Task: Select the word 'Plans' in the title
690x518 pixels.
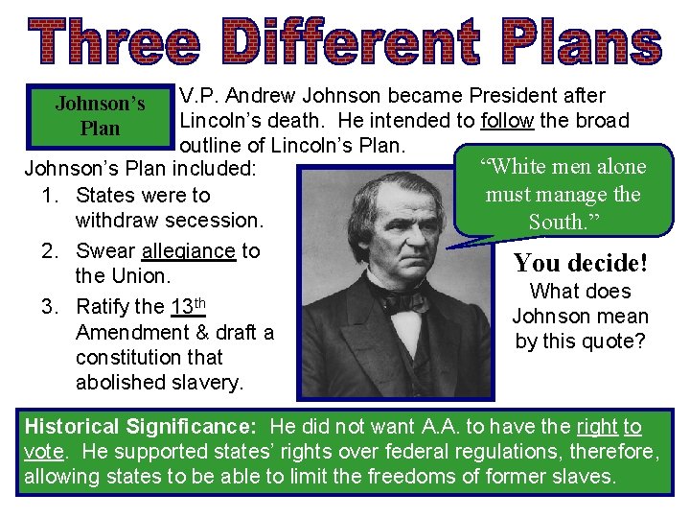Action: (582, 44)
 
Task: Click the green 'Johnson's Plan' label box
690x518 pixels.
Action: (101, 116)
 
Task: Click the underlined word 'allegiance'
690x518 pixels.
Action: (188, 251)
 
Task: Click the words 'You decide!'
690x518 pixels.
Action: (581, 263)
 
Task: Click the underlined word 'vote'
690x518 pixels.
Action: (44, 452)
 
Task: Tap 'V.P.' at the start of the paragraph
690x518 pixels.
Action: (197, 96)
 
